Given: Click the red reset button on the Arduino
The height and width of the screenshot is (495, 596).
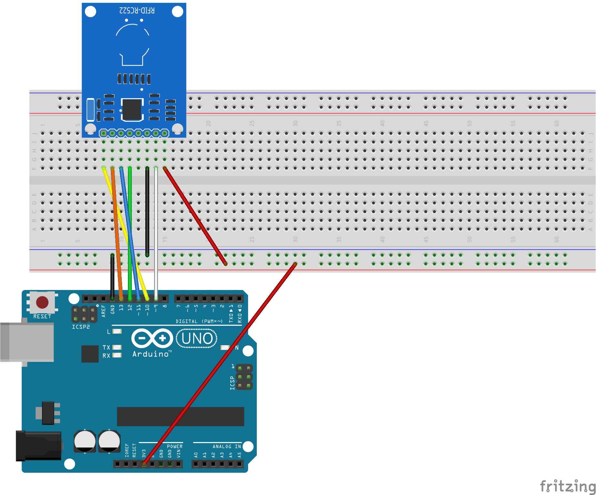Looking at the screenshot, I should click(42, 302).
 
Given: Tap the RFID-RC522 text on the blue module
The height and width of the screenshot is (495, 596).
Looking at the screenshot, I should click(137, 11).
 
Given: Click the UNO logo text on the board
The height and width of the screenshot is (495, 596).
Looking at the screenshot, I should click(197, 338).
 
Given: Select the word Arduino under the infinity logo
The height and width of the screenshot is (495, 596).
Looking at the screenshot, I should click(151, 354).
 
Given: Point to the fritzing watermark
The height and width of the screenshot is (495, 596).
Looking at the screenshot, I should click(567, 486).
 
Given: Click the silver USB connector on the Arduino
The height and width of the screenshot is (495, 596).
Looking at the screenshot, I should click(27, 342).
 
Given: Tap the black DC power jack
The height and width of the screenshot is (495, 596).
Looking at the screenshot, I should click(38, 446).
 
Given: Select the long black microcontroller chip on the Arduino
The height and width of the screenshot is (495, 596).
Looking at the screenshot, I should click(180, 417).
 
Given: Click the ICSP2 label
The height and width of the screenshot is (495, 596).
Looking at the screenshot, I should click(81, 327).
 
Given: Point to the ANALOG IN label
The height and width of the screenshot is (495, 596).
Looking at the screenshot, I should click(226, 447).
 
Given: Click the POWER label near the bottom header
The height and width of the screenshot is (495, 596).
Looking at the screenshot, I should click(174, 447).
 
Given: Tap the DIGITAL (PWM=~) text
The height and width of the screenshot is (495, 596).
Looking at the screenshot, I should click(199, 321).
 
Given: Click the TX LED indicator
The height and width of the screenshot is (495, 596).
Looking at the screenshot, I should click(117, 347).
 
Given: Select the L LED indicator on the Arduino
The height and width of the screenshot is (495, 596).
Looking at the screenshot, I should click(117, 331).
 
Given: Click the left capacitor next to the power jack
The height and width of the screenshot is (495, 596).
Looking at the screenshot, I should click(85, 441).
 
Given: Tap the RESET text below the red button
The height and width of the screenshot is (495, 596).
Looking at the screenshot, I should click(42, 316).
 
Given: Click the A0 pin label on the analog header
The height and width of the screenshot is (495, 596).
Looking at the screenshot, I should click(196, 455).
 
